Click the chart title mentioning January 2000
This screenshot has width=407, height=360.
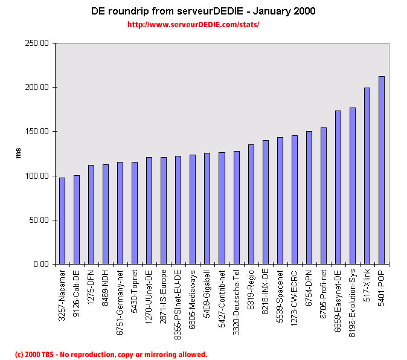coord(203,11)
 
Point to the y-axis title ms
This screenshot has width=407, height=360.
coord(18,153)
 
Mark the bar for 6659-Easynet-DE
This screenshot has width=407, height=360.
coord(338,187)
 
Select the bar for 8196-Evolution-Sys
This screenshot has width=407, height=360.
coord(353,185)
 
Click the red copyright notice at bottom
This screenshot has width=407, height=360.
coord(111,355)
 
